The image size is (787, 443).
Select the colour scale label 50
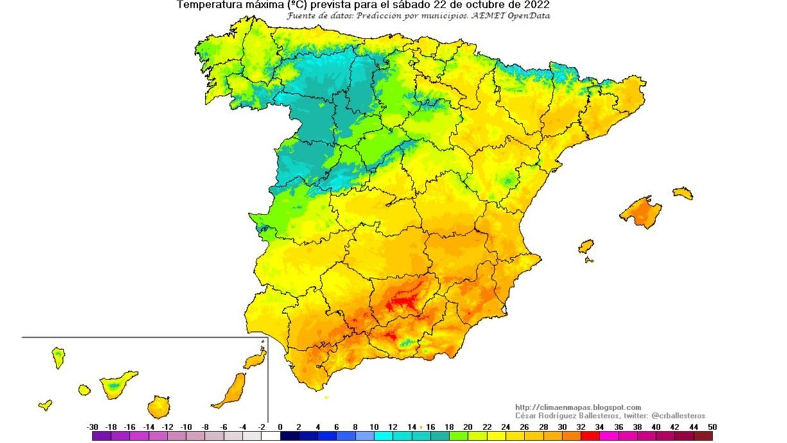[711, 427]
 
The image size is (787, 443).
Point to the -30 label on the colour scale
[92, 427]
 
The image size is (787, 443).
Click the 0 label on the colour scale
[280, 427]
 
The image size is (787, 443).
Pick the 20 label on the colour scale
[467, 427]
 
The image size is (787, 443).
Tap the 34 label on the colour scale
[599, 427]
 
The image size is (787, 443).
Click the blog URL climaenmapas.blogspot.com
[578, 408]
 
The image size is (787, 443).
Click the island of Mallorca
[641, 213]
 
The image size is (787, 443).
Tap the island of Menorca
[683, 193]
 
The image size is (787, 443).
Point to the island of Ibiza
[586, 247]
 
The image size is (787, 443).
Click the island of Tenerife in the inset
[117, 385]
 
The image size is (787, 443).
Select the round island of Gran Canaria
[159, 407]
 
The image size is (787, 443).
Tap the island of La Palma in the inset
[58, 356]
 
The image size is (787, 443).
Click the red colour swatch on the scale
[589, 436]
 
